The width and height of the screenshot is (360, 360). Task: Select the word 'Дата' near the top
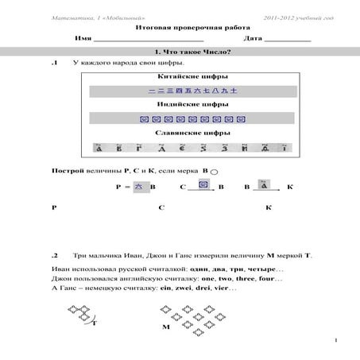pyautogui.click(x=254, y=37)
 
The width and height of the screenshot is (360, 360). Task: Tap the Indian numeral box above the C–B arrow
pyautogui.click(x=203, y=184)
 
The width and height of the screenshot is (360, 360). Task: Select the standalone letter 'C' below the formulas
pyautogui.click(x=161, y=208)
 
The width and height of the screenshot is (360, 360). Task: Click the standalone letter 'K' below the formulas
pyautogui.click(x=269, y=208)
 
